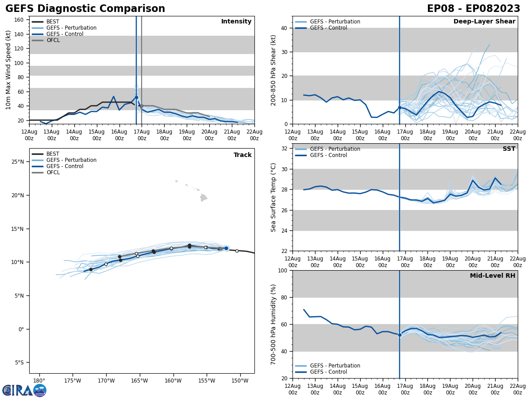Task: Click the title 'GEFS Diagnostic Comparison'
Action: click(x=85, y=9)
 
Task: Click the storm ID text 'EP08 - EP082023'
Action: click(x=473, y=9)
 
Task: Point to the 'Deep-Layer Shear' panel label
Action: click(x=484, y=22)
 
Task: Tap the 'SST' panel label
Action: click(x=508, y=149)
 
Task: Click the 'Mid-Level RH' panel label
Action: click(x=493, y=276)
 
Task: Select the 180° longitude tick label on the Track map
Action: click(x=39, y=381)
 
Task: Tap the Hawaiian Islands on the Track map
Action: click(x=203, y=197)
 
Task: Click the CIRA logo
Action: click(x=24, y=390)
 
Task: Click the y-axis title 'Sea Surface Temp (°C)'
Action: click(x=274, y=197)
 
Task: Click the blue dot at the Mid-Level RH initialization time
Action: click(x=400, y=335)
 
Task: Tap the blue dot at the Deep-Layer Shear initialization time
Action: click(x=400, y=107)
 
